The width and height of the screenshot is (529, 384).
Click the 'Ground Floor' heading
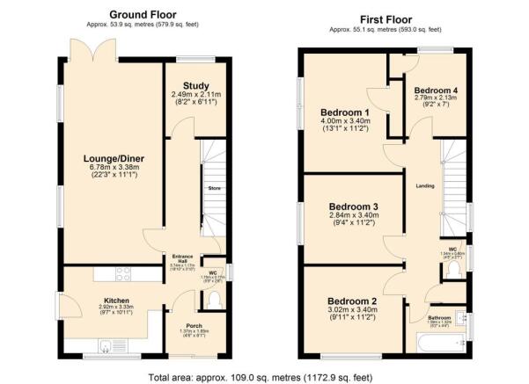pyautogui.click(x=143, y=15)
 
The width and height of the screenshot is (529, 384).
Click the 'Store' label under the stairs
pyautogui.click(x=213, y=189)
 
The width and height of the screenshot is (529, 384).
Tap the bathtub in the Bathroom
pyautogui.click(x=435, y=346)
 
